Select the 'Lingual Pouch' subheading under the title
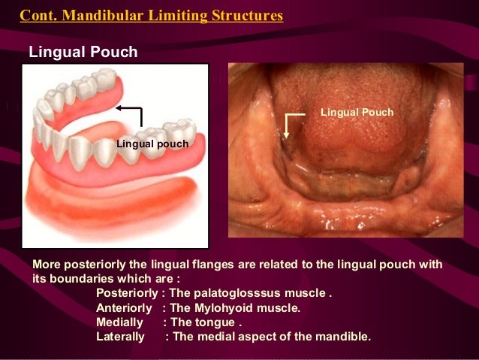pos(83,52)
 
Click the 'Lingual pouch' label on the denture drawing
pos(152,143)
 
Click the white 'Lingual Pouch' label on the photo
pos(357,112)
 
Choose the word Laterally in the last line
pos(121,336)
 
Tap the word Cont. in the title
pos(35,14)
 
